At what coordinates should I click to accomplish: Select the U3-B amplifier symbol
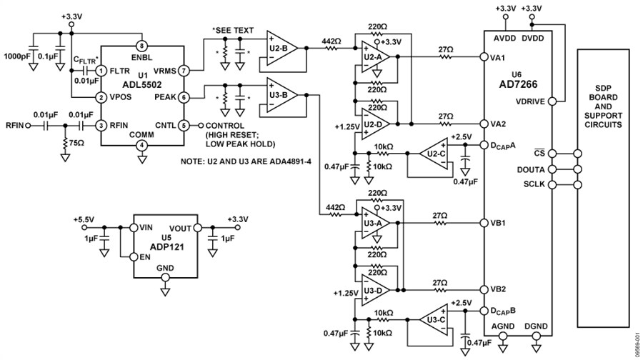coord(277,94)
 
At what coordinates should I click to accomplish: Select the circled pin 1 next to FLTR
coord(101,71)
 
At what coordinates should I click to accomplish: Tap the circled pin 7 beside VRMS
coord(184,71)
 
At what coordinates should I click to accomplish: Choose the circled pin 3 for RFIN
coord(101,124)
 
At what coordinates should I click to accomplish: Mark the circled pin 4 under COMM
coord(141,145)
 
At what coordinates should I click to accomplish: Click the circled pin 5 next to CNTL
coord(184,124)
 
